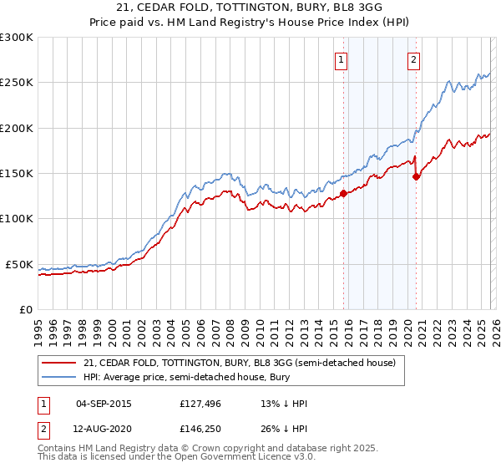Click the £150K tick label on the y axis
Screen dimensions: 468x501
[17, 174]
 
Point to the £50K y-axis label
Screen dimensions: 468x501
[19, 264]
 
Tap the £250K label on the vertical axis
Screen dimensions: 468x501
[17, 83]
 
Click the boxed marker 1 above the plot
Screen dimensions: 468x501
[342, 58]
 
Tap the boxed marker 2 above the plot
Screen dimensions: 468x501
[414, 58]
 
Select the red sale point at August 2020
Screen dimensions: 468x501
[416, 176]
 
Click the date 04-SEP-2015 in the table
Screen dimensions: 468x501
[104, 404]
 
